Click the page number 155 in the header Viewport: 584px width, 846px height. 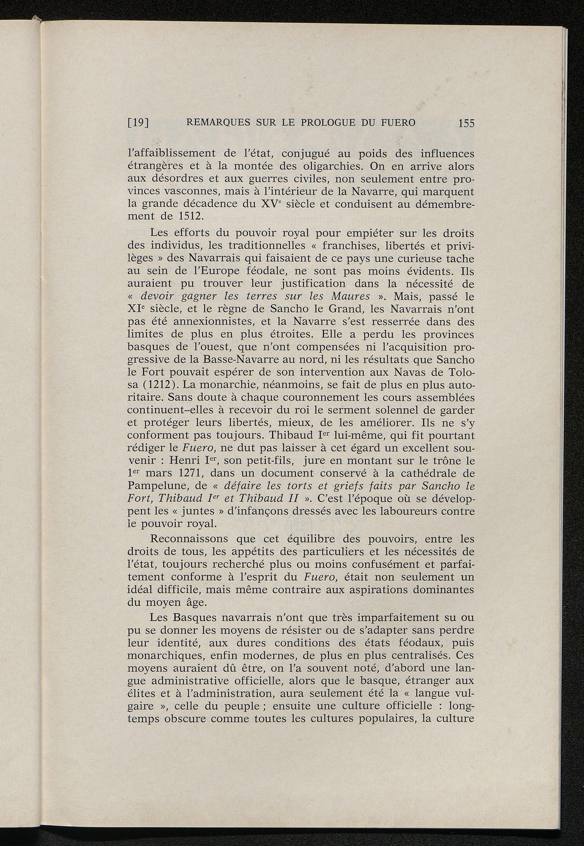click(x=465, y=123)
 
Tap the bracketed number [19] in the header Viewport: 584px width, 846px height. click(x=139, y=122)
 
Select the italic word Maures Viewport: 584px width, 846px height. click(x=350, y=297)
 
